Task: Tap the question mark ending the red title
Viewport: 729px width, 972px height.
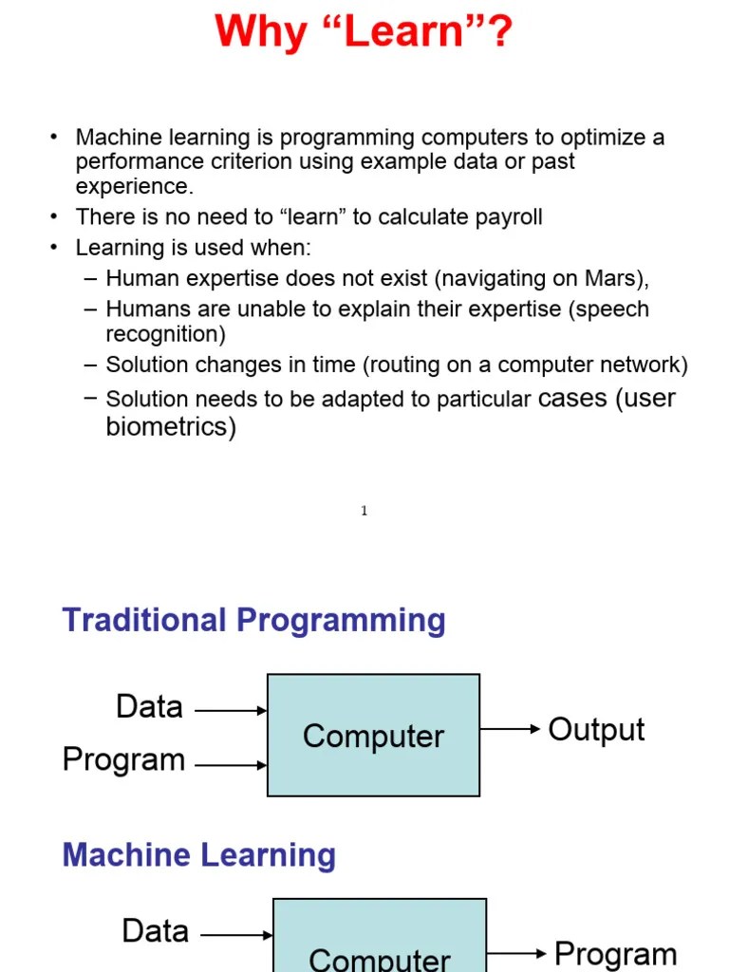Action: [x=499, y=32]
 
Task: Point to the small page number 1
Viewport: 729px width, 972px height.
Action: [x=364, y=512]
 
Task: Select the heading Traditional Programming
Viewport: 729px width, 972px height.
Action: [x=253, y=621]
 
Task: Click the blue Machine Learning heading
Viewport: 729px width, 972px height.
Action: [x=198, y=855]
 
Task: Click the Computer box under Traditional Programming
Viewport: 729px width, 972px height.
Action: [x=373, y=736]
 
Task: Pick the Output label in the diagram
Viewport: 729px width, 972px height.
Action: [x=596, y=730]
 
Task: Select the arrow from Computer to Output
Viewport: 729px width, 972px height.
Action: [x=510, y=730]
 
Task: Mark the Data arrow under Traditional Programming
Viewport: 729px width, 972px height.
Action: [x=231, y=710]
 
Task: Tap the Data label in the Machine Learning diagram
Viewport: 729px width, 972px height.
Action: [x=156, y=931]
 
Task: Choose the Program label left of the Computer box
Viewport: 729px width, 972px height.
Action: [x=123, y=760]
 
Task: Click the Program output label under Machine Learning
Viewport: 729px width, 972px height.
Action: [x=615, y=953]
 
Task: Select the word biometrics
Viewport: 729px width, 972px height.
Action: [x=171, y=427]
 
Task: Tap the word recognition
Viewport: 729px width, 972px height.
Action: [x=165, y=334]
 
